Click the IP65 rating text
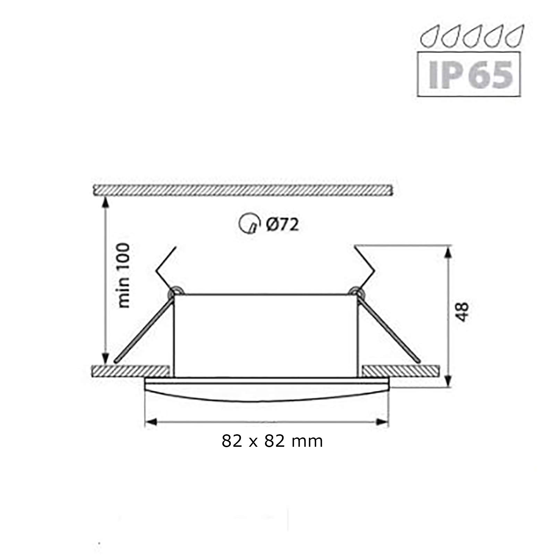(470, 75)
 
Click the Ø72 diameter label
(282, 225)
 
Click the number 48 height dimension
(463, 312)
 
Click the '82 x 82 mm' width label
(272, 441)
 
